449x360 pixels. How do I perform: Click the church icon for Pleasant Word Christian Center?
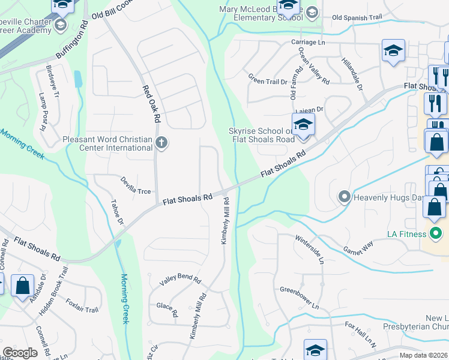tap(161, 143)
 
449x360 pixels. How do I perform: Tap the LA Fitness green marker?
tap(436, 233)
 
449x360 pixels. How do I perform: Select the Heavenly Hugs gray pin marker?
tap(345, 196)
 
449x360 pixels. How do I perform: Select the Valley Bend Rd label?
tap(179, 280)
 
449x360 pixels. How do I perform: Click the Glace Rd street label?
tap(167, 309)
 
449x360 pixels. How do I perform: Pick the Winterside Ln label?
tap(310, 249)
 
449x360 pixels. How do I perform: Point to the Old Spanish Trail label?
tap(357, 17)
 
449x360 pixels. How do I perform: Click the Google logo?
tap(20, 353)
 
